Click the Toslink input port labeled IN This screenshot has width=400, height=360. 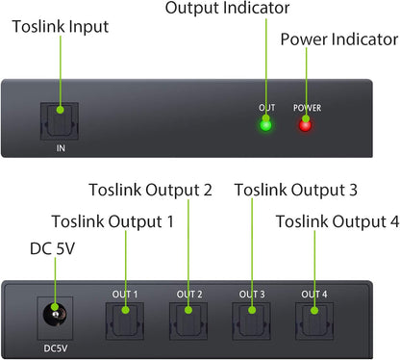60,121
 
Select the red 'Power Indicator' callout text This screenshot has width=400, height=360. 338,40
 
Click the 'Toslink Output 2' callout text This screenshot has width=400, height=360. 150,190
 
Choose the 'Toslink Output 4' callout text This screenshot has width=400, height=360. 337,222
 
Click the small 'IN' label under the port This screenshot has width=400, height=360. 60,150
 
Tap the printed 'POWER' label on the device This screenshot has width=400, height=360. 305,108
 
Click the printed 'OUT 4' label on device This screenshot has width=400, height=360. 313,294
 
